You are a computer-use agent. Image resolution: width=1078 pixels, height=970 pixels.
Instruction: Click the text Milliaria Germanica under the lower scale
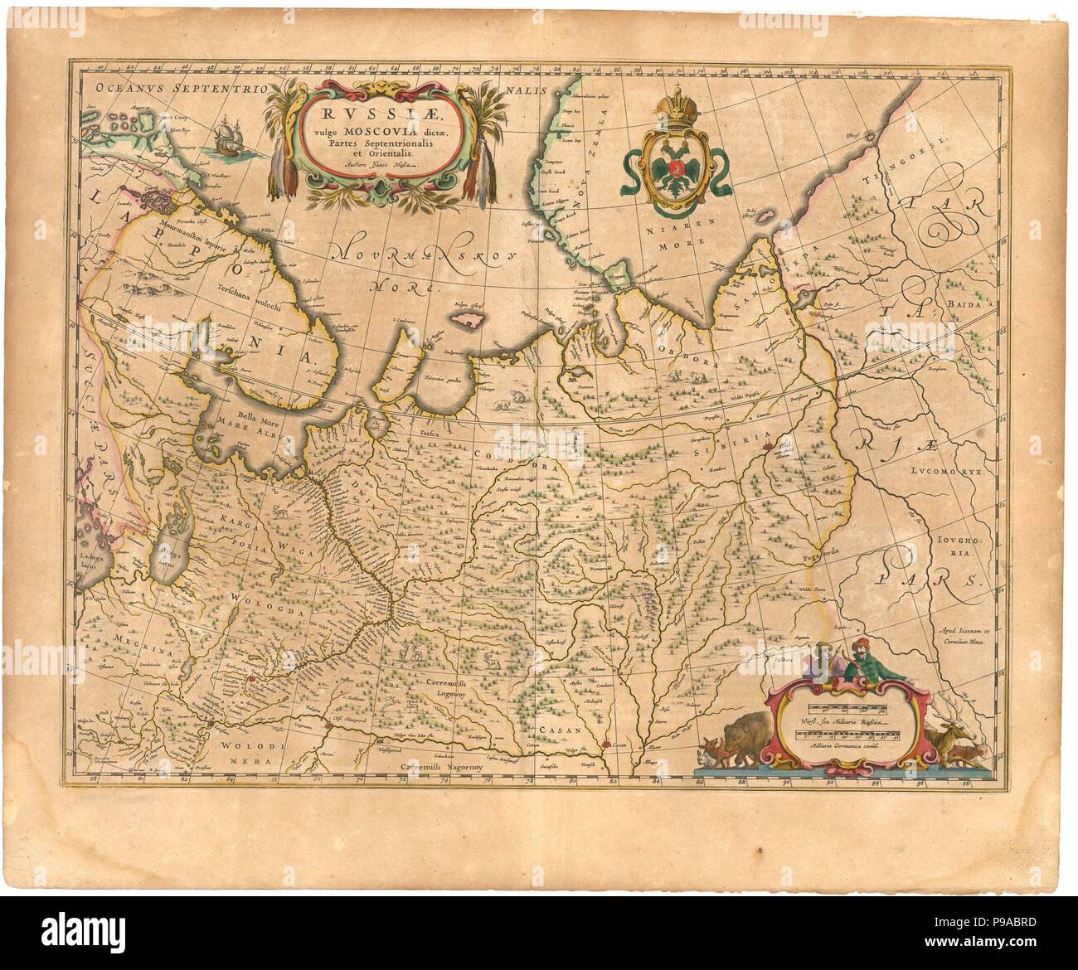tap(838, 744)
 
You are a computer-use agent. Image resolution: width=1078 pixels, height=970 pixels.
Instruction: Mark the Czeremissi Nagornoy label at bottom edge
tap(440, 767)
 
